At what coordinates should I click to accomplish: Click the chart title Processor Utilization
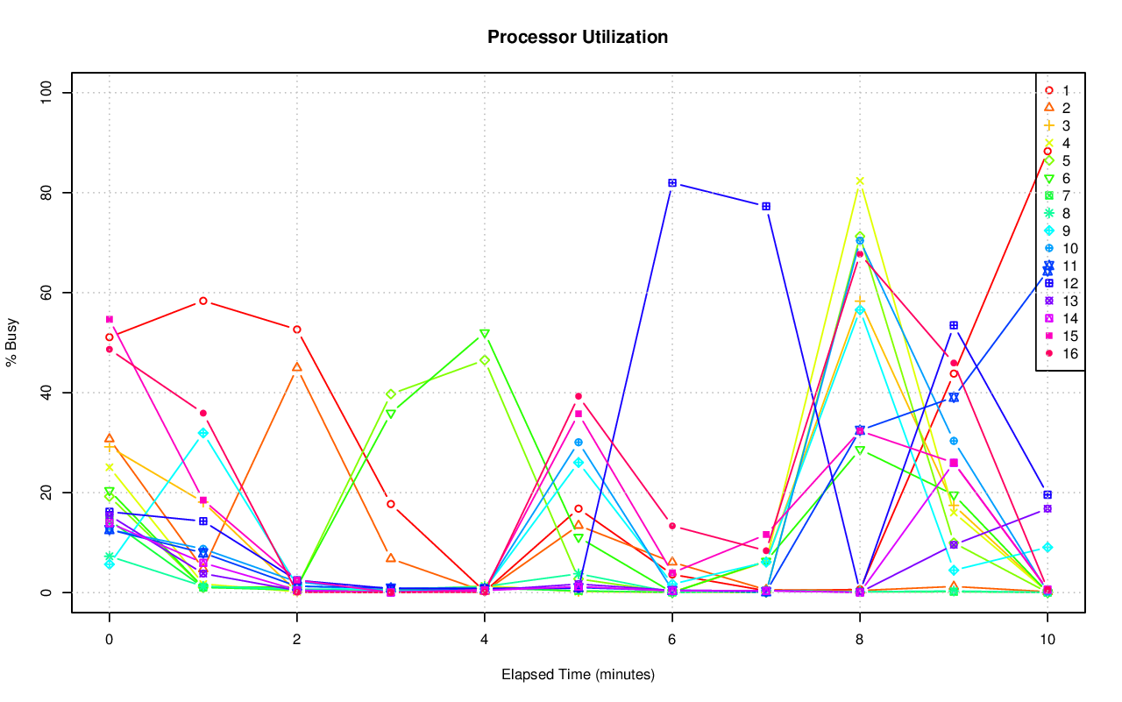click(578, 38)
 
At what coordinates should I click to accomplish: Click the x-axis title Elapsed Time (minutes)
click(578, 675)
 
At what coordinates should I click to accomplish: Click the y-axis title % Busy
click(12, 343)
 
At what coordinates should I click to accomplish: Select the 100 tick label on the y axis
click(48, 93)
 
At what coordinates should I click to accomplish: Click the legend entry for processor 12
click(1066, 284)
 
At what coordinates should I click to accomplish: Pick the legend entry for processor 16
click(1066, 354)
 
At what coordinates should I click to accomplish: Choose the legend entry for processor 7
click(1066, 196)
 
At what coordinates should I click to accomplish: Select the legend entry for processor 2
click(1066, 109)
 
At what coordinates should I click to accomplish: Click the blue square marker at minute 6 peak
click(672, 182)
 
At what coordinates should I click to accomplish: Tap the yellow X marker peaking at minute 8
click(860, 181)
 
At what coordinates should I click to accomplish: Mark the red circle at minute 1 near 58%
click(203, 301)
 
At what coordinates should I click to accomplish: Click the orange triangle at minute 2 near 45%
click(297, 367)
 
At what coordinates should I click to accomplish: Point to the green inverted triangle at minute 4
click(485, 334)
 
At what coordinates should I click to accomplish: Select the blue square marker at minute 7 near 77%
click(766, 206)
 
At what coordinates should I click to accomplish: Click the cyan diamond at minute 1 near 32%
click(203, 433)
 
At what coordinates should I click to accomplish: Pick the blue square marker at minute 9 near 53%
click(954, 325)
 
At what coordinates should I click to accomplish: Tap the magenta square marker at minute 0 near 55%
click(110, 319)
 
